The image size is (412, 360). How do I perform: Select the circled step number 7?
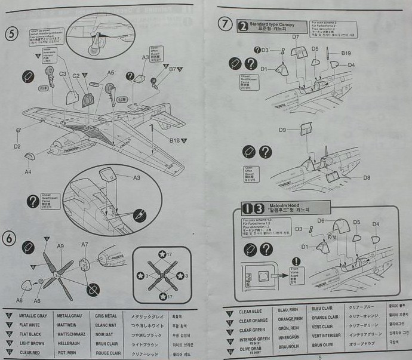(225, 24)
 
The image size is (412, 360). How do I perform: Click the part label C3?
(62, 73)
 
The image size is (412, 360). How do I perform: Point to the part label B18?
(174, 141)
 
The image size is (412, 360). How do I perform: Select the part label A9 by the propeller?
(60, 245)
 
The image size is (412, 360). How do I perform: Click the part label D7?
(296, 37)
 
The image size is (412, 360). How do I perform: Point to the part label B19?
(346, 54)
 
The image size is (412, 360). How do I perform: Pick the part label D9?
(282, 130)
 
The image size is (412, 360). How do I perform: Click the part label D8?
(366, 177)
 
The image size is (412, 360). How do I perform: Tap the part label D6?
(321, 221)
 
